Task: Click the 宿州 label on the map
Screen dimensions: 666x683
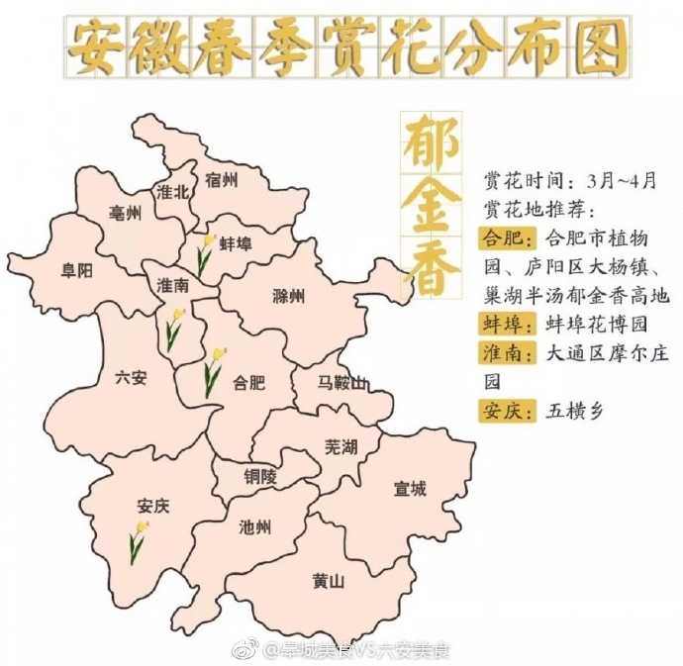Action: [x=222, y=180]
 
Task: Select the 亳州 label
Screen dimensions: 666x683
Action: [x=126, y=215]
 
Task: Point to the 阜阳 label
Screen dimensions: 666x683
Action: [x=76, y=270]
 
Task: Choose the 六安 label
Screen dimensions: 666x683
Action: [x=131, y=377]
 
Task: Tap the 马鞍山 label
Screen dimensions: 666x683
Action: [x=342, y=383]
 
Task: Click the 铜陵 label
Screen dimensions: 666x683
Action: [x=262, y=476]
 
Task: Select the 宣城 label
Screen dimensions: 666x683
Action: [x=409, y=488]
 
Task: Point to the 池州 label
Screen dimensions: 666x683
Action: [x=255, y=527]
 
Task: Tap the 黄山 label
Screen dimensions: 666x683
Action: [x=328, y=582]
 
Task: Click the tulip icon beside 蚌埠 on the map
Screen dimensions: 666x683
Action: [x=205, y=254]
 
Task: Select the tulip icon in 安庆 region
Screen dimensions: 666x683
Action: [x=138, y=542]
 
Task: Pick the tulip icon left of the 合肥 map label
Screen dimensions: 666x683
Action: [x=213, y=372]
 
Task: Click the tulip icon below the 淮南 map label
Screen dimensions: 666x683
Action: [x=174, y=329]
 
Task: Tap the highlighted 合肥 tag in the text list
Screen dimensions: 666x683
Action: [x=506, y=239]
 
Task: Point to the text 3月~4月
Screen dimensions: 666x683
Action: [x=622, y=182]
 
